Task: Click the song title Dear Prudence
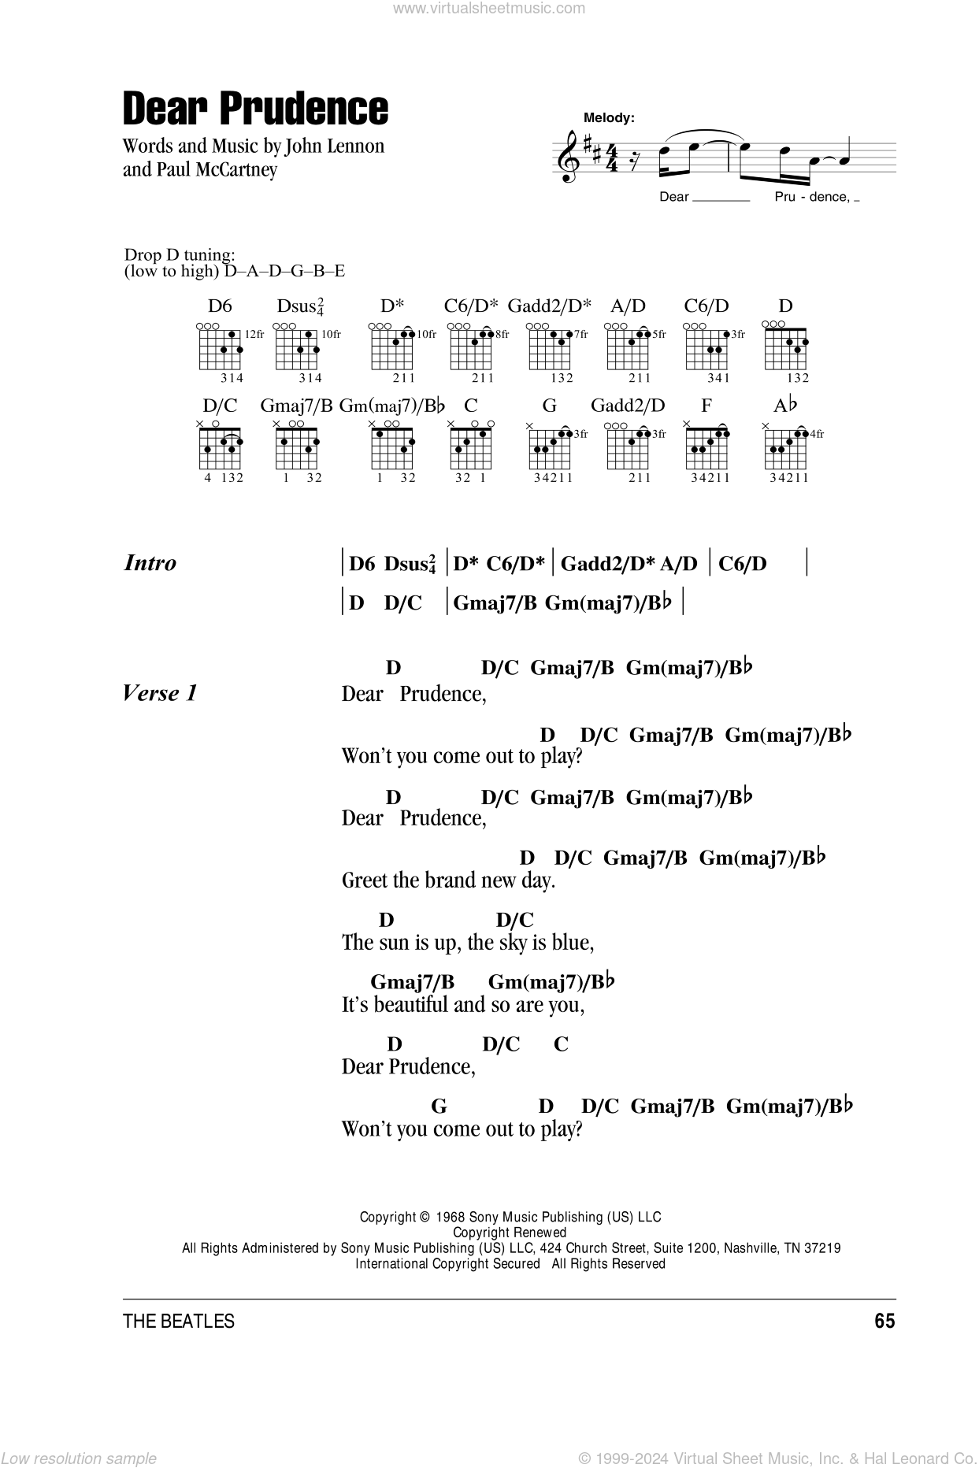(x=255, y=109)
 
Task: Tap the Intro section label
(x=150, y=563)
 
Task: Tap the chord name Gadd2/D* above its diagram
(x=549, y=306)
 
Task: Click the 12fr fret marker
(x=255, y=335)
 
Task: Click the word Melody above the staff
(x=609, y=118)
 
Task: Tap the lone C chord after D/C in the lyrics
(x=561, y=1044)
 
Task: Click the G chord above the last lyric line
(x=439, y=1107)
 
